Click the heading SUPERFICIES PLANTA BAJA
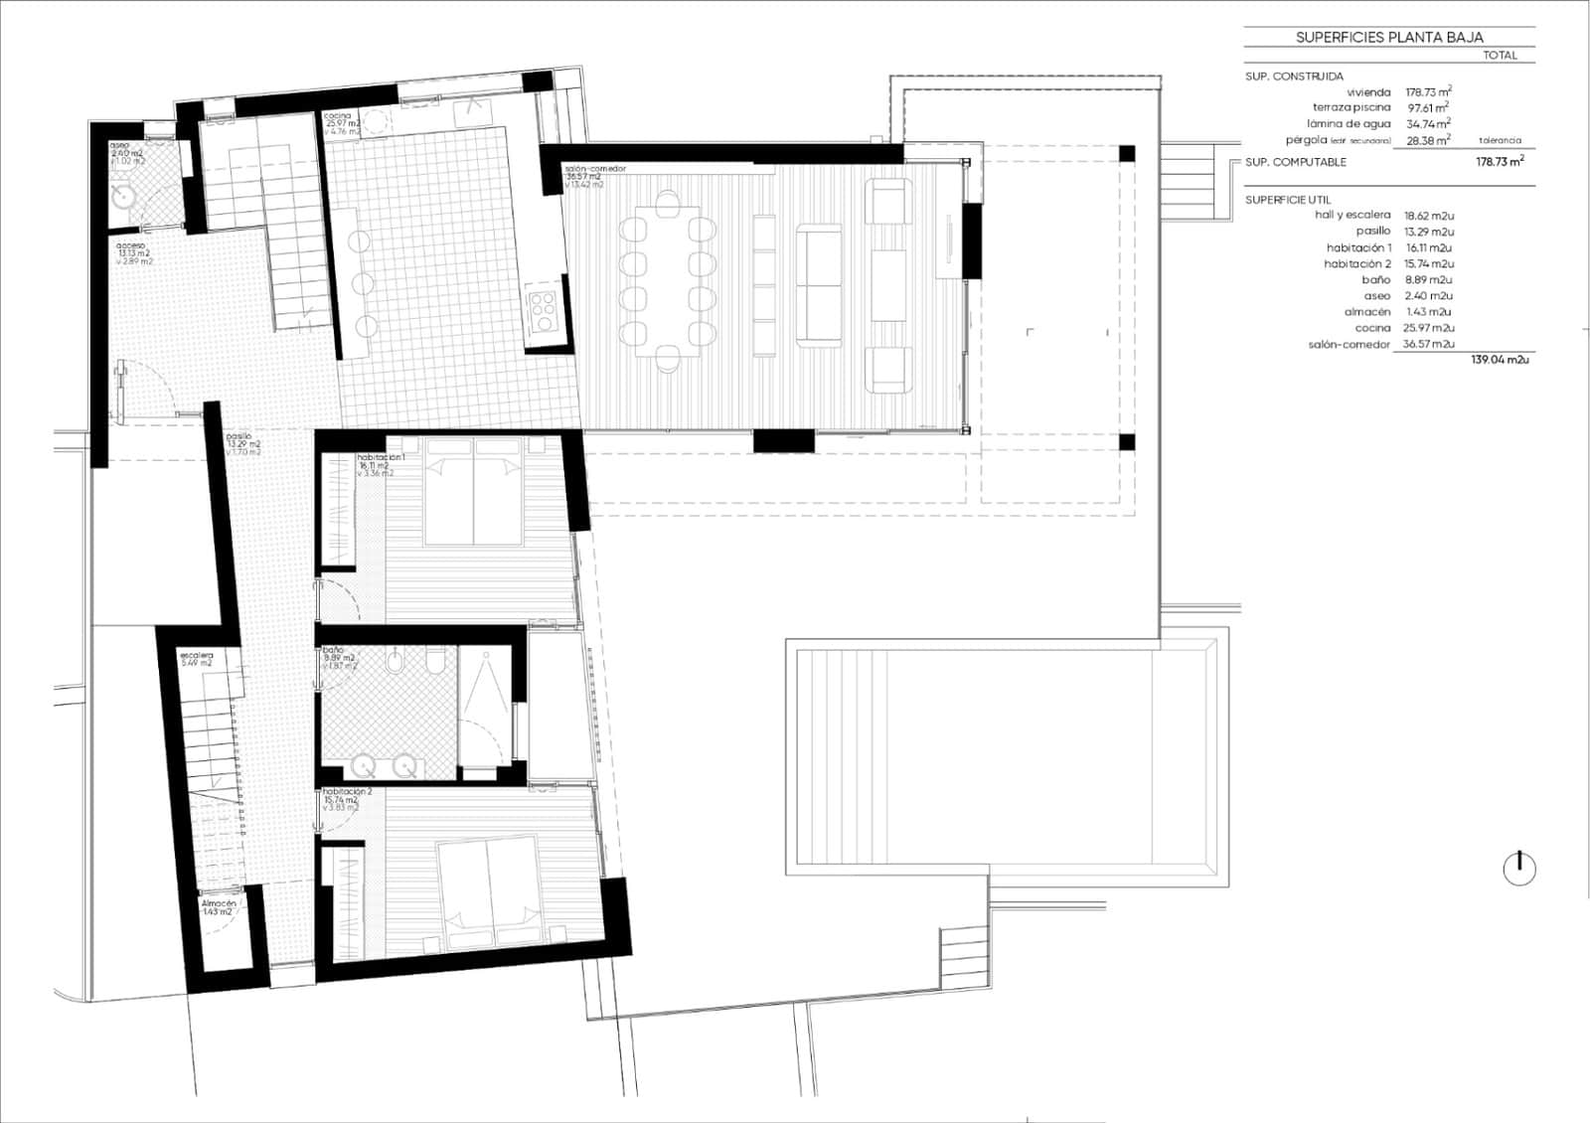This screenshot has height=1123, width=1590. click(x=1388, y=38)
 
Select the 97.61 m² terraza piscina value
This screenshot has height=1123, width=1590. click(x=1428, y=107)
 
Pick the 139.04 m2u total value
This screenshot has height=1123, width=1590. click(x=1500, y=360)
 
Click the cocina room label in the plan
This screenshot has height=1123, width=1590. click(x=338, y=116)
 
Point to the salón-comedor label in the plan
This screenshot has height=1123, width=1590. click(x=594, y=169)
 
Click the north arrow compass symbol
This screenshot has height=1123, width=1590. click(x=1518, y=869)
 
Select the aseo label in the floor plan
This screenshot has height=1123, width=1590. click(x=119, y=145)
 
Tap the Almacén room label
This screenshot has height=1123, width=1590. click(x=218, y=903)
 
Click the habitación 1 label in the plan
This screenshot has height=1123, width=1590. click(x=381, y=457)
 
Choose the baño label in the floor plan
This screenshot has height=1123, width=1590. click(x=333, y=650)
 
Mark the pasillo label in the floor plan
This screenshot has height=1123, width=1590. click(x=238, y=436)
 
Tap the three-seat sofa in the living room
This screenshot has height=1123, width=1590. click(x=819, y=285)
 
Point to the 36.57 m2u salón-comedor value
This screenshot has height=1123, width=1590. click(x=1428, y=344)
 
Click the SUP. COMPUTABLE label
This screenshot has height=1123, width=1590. click(x=1296, y=162)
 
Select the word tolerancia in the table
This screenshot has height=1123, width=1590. click(x=1500, y=140)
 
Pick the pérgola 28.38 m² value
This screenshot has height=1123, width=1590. click(x=1428, y=140)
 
